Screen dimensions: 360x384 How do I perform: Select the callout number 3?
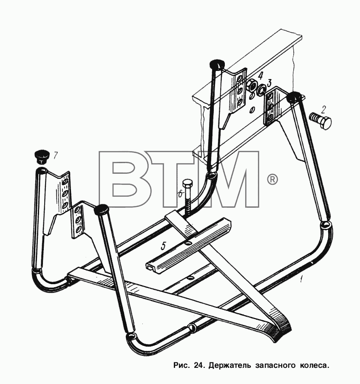269,83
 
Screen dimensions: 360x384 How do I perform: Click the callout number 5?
164,246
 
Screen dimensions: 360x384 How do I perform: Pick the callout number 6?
180,194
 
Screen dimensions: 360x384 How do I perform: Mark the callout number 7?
55,155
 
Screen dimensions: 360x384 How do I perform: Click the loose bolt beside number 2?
320,120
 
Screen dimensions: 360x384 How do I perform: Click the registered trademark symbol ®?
272,180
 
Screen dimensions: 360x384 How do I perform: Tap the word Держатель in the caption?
230,366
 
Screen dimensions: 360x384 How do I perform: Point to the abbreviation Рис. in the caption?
181,366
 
